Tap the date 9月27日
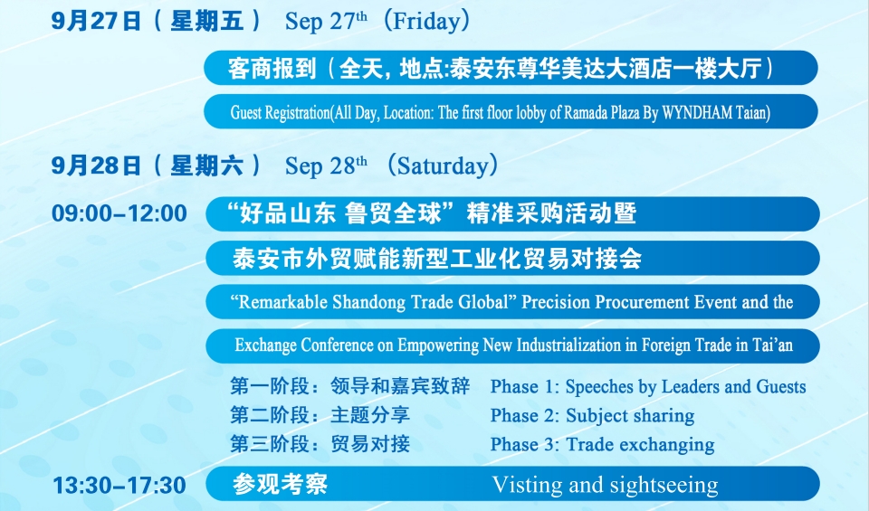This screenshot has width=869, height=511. (x=98, y=20)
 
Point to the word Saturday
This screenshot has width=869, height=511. (x=442, y=166)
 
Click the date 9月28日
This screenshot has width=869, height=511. (x=98, y=166)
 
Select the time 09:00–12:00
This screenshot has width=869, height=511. (x=119, y=213)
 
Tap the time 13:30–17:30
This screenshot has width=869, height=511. (x=119, y=486)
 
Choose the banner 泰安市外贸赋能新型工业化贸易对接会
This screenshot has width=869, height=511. (x=437, y=259)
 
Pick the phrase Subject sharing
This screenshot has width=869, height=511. (x=630, y=416)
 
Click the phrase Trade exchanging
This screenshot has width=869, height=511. (x=640, y=445)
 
